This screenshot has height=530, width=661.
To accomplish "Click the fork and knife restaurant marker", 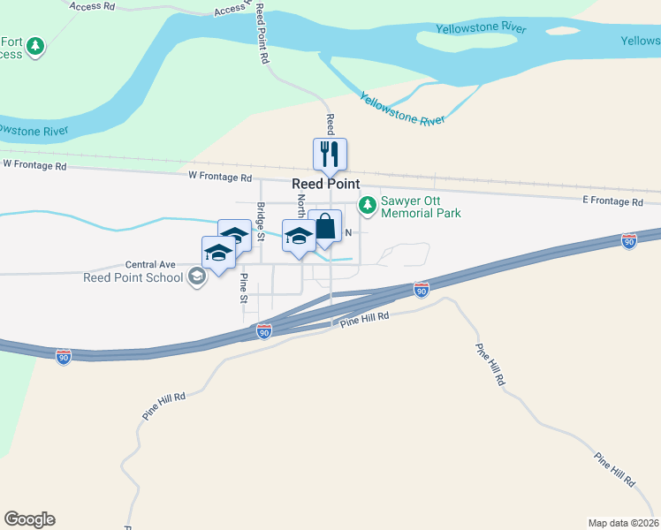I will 330,155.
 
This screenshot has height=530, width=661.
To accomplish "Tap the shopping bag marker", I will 325,225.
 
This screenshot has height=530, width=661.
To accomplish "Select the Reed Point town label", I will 326,184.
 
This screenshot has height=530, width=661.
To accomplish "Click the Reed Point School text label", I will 133,277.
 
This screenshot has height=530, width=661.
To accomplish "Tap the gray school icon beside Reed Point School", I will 196,277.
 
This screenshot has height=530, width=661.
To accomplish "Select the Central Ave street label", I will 150,264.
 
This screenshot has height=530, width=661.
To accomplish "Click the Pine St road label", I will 244,288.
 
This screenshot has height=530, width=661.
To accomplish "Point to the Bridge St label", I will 261,223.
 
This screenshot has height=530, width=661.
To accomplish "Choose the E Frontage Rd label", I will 612,202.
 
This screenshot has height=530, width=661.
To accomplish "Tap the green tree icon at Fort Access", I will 35,46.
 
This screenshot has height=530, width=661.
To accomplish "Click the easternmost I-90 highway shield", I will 628,240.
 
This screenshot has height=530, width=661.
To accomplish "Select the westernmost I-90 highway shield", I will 63,356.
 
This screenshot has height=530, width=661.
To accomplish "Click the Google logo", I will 29,519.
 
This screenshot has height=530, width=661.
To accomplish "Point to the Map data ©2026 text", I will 623,522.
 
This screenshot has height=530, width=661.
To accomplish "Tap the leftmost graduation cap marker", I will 217,253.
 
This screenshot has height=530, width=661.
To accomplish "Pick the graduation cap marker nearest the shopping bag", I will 299,236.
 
